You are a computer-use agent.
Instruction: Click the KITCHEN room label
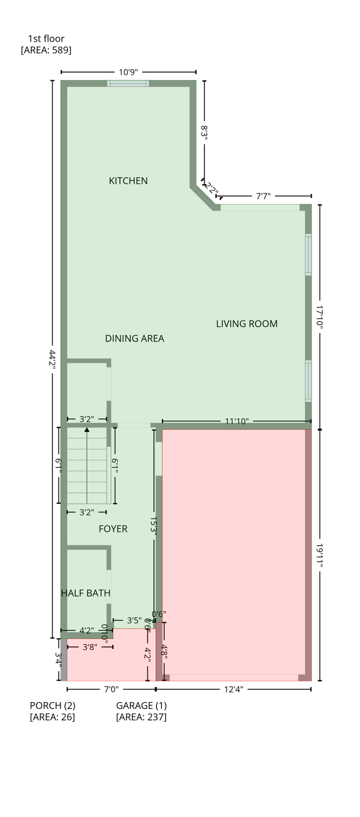[128, 181]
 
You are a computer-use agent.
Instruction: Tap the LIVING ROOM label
[247, 323]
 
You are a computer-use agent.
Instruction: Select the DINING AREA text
[135, 338]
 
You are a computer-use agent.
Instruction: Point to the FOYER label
[113, 529]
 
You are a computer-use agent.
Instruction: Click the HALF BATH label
[86, 593]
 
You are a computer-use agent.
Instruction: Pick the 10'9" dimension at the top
[128, 72]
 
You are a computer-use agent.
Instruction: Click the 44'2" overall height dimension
[52, 360]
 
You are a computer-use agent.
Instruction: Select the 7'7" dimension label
[263, 196]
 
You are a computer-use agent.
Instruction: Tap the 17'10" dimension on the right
[320, 317]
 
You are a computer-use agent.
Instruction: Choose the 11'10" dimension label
[237, 421]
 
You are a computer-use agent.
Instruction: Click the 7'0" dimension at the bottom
[111, 689]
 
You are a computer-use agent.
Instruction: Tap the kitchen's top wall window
[128, 84]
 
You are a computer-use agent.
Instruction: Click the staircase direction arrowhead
[87, 430]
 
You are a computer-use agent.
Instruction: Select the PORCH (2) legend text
[53, 705]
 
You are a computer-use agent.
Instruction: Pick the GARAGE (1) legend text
[141, 705]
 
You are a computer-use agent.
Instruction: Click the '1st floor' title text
[46, 38]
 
